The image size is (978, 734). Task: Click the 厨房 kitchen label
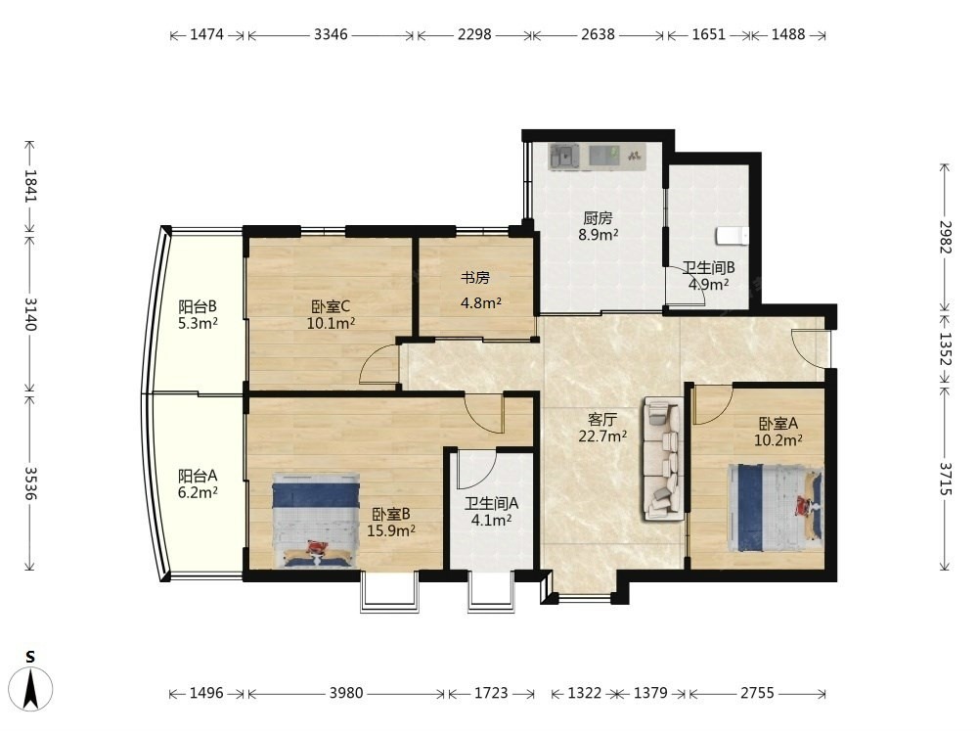point(598,218)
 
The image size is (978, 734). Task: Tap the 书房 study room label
point(475,278)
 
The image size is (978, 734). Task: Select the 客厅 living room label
point(602,419)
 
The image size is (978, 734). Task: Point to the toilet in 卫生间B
point(732,236)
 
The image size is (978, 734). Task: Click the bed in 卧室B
point(316,520)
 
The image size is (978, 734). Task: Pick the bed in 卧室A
point(776,507)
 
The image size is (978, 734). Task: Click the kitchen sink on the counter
point(564,156)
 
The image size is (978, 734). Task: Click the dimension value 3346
point(331,34)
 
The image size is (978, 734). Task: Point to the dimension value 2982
point(946,237)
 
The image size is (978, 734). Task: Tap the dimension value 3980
point(346,693)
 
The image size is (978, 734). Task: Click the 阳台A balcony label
point(198,476)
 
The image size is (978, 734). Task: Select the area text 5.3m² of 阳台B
point(198,323)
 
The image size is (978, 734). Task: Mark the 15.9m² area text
point(391,531)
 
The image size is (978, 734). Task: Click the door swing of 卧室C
point(379,364)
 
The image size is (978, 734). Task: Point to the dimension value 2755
point(757,693)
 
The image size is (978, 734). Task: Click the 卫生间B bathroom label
point(708,268)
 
